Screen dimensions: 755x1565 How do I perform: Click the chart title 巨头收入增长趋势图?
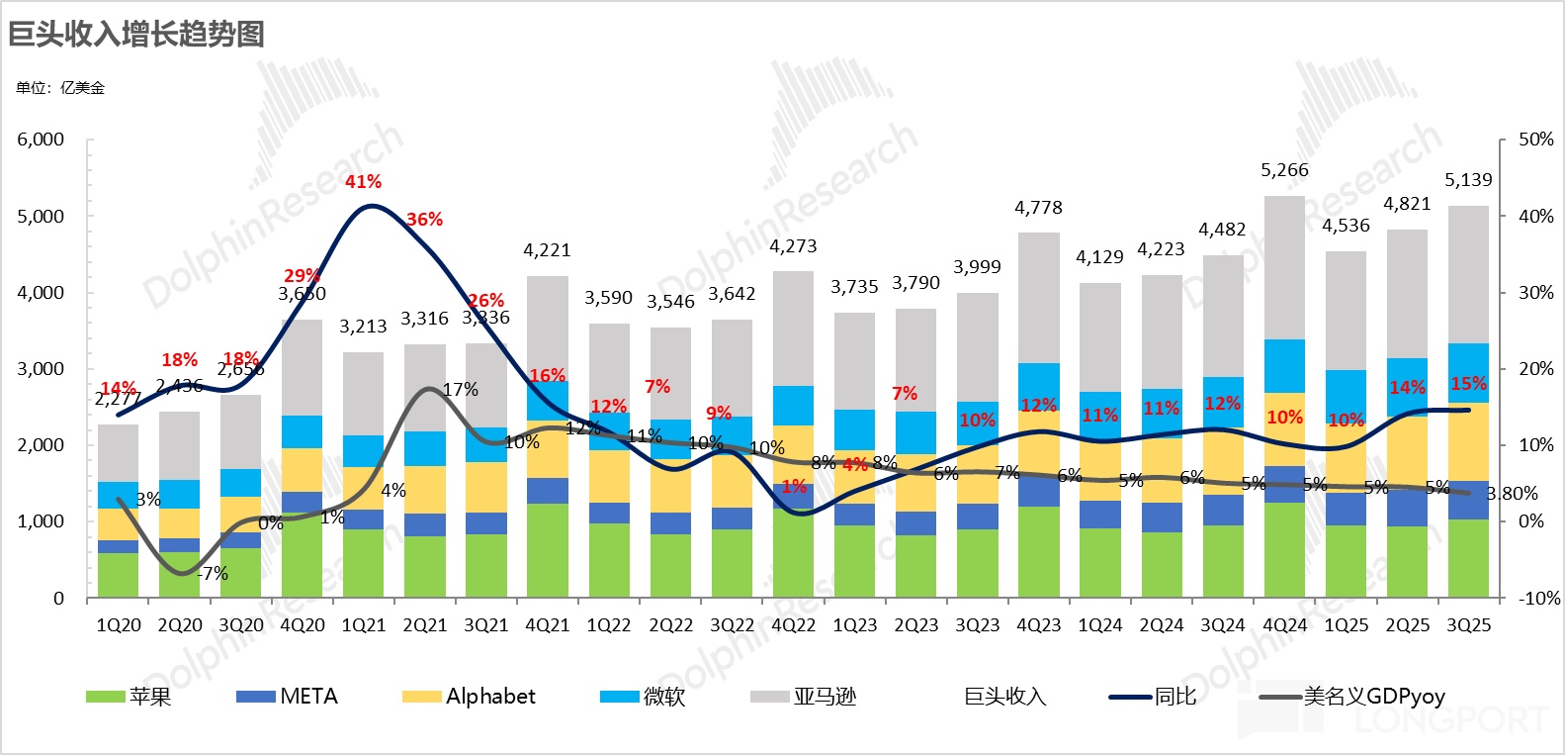[x=136, y=34]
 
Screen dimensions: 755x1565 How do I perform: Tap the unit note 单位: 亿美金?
[x=60, y=88]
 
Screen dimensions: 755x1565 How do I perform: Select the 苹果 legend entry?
[x=129, y=697]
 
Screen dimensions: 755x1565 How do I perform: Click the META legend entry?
[x=288, y=697]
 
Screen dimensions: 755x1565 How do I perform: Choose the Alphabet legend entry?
[x=470, y=697]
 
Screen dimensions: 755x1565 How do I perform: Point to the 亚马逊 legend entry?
[x=803, y=697]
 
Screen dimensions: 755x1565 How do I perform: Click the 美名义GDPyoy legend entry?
[x=1353, y=697]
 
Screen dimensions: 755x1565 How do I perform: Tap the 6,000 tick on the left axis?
[x=41, y=140]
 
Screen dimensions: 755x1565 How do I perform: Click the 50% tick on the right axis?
[x=1535, y=140]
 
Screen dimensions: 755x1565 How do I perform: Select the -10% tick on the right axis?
[x=1539, y=598]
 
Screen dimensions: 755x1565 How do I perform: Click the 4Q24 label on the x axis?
[x=1284, y=625]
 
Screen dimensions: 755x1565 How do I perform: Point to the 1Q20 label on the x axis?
[x=119, y=625]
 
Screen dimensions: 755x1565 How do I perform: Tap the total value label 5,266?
[x=1284, y=170]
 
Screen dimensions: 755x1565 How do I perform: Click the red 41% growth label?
[x=363, y=182]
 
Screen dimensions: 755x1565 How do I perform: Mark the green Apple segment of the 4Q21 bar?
[x=548, y=550]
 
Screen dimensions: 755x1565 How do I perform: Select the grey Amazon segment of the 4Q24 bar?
[x=1284, y=267]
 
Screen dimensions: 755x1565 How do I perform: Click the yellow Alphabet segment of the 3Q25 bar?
[x=1468, y=442]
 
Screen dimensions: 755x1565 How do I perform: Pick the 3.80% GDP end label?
[x=1514, y=493]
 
